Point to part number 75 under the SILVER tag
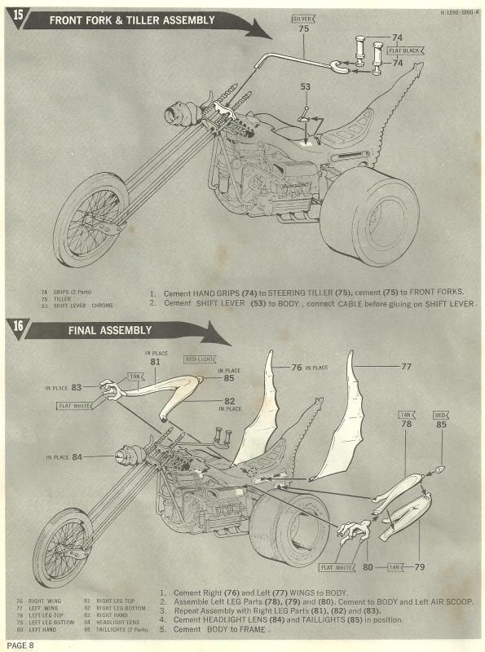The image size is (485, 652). [303, 28]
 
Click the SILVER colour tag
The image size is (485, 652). [303, 16]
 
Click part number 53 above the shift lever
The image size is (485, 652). [305, 86]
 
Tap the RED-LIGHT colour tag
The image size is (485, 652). [199, 359]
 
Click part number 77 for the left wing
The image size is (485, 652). [406, 366]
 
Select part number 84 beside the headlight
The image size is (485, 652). [77, 456]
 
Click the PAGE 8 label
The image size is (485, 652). [18, 645]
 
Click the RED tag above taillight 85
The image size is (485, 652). [441, 415]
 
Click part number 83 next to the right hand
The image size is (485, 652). [77, 387]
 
